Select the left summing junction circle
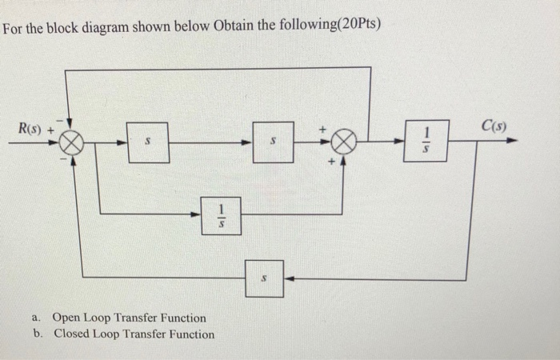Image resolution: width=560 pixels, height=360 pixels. pos(72,145)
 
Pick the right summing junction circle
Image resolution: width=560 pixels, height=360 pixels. pos(342,144)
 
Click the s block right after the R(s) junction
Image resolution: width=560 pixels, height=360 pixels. pos(147,143)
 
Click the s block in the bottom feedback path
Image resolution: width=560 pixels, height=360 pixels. pos(265,278)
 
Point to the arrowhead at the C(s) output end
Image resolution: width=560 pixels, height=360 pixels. pos(512,141)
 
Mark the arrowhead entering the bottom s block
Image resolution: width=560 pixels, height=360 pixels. pos(289,278)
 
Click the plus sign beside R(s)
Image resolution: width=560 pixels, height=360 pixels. pos(52,128)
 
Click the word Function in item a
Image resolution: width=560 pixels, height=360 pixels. pos(180,318)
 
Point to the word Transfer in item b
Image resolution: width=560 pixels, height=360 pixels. pos(136,334)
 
